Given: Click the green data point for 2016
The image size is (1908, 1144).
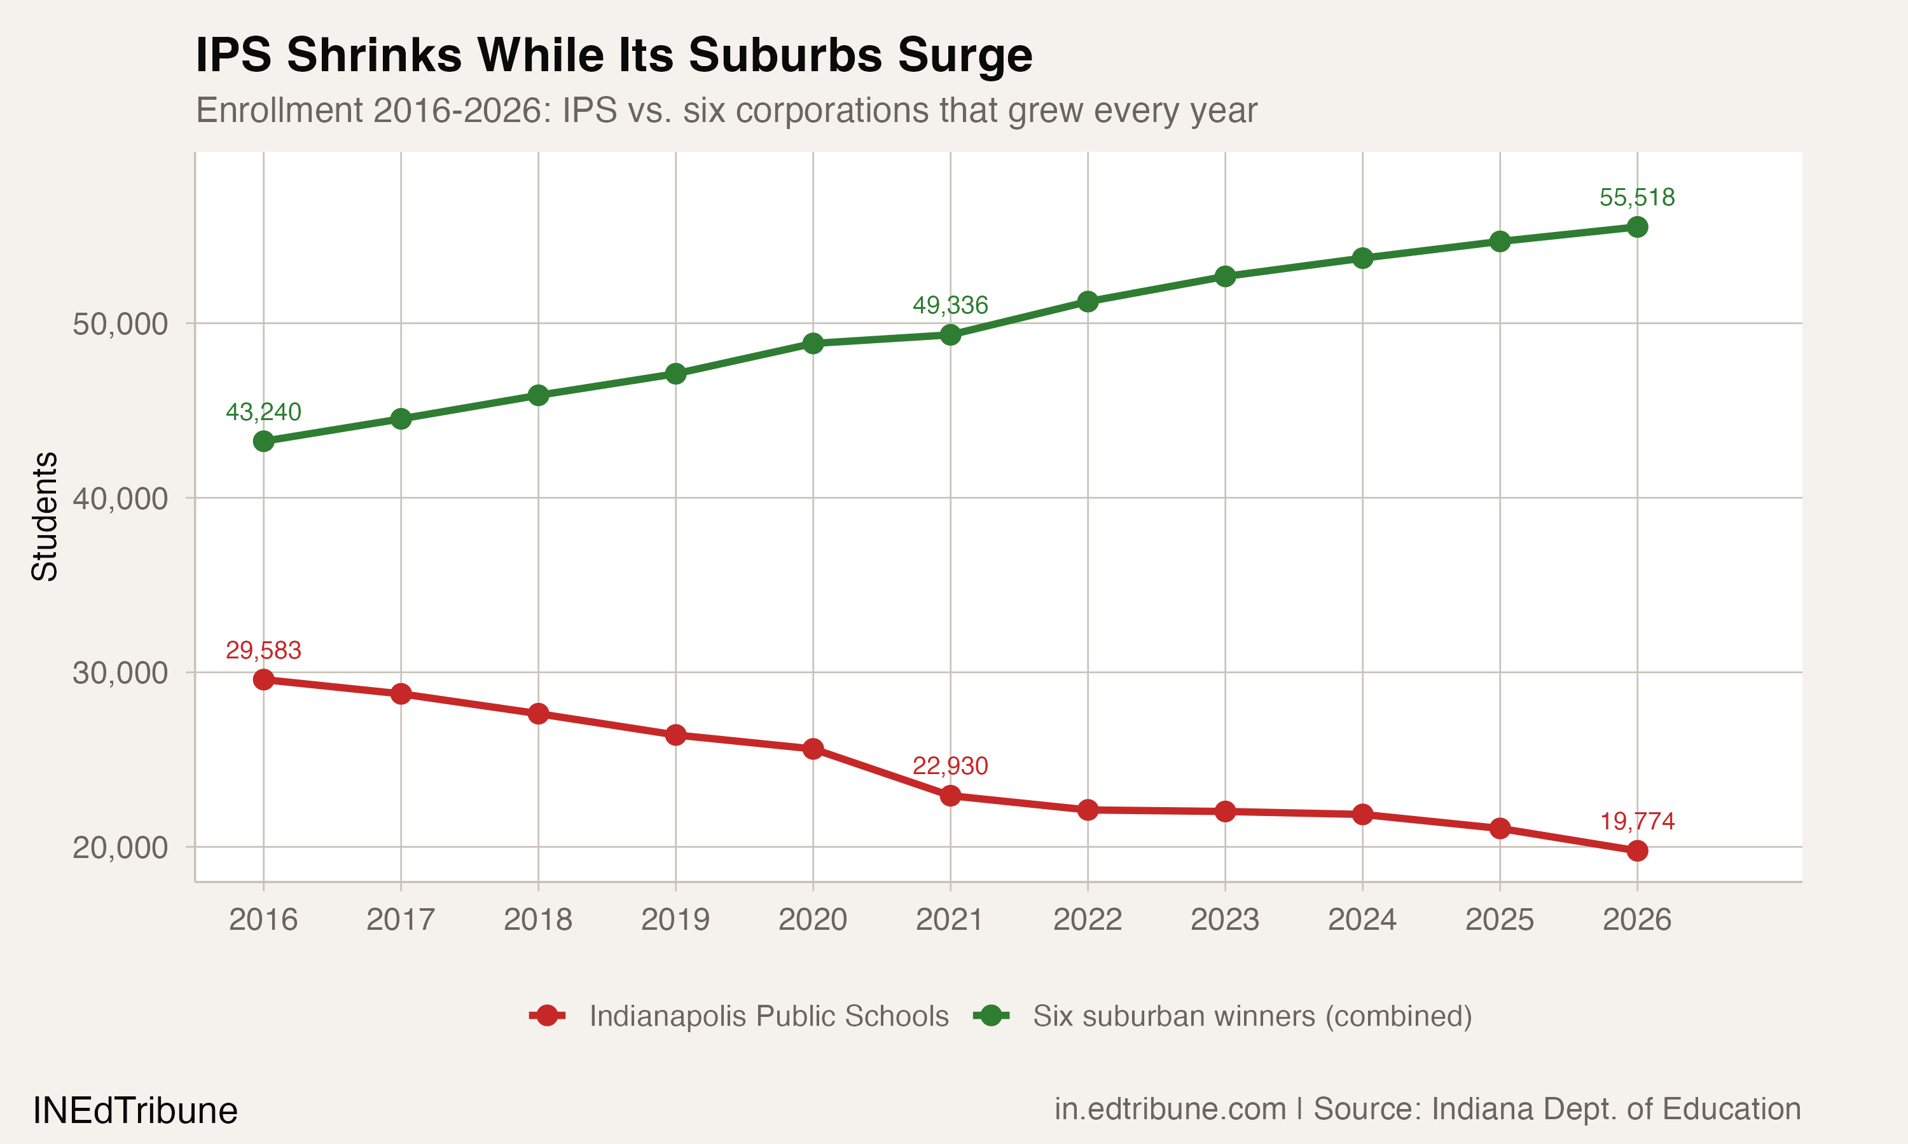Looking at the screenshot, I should tap(264, 441).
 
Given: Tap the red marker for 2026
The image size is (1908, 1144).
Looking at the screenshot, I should tap(1636, 850).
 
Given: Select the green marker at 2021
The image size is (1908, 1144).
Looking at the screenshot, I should tap(950, 334).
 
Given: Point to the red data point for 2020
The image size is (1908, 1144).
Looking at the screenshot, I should tap(813, 749).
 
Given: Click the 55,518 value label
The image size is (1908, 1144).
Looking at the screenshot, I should tap(1636, 198).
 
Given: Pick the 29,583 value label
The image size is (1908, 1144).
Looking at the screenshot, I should tap(263, 650).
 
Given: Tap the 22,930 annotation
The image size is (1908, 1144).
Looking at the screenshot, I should tap(950, 765).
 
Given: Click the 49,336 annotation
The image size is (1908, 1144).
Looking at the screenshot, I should tap(950, 305).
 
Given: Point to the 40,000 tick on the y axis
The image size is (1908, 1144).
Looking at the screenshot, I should tap(120, 498).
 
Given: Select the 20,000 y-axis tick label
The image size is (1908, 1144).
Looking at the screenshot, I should tap(120, 847).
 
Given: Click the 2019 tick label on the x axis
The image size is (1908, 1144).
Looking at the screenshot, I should tap(675, 920).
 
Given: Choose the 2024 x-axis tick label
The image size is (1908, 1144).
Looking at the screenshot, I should tap(1362, 920).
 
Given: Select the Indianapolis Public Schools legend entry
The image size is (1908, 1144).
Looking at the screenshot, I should tap(768, 1016).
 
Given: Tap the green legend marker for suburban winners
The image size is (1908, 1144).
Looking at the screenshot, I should tap(991, 1016).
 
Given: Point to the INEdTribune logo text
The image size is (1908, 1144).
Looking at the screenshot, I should tap(135, 1111).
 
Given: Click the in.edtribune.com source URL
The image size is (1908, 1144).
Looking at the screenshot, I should tap(1170, 1109).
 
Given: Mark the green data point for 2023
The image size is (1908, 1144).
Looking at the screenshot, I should tap(1225, 276).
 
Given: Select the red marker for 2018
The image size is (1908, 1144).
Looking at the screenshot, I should tap(538, 714).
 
